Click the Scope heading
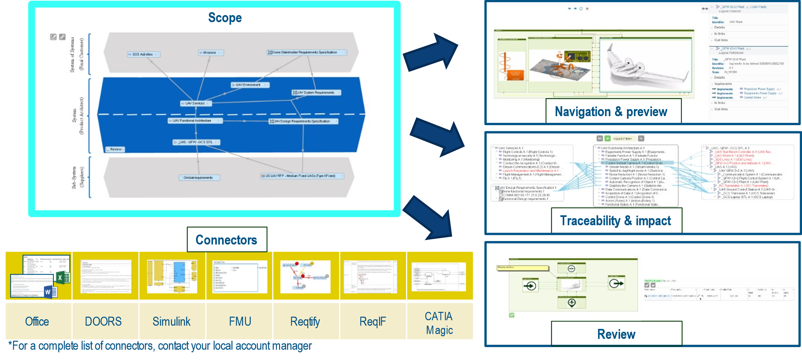click(225, 18)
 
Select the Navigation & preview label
click(611, 112)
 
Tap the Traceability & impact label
click(615, 221)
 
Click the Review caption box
click(616, 334)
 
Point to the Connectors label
click(226, 240)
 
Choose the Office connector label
click(37, 321)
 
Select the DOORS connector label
click(103, 321)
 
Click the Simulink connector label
click(171, 321)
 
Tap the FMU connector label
click(240, 321)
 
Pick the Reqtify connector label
click(305, 321)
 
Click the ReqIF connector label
click(373, 321)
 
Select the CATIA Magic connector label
click(439, 323)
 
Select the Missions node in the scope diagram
click(210, 53)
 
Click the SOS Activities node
click(143, 55)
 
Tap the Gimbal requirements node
click(199, 177)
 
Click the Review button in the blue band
click(115, 149)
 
